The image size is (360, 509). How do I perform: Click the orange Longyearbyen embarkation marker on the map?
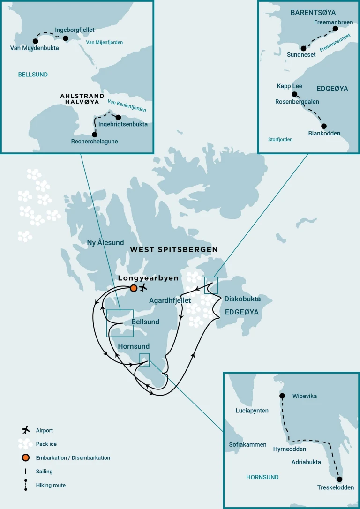pyautogui.click(x=134, y=288)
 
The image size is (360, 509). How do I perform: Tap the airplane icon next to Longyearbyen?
pyautogui.click(x=143, y=287)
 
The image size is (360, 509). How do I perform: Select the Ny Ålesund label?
pyautogui.click(x=105, y=243)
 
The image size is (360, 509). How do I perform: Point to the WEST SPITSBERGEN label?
pyautogui.click(x=174, y=250)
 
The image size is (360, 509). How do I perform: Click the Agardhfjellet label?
pyautogui.click(x=170, y=300)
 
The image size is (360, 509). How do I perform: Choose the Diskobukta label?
pyautogui.click(x=242, y=299)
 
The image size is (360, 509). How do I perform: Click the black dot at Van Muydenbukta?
pyautogui.click(x=35, y=41)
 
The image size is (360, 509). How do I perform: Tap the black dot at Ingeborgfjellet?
pyautogui.click(x=65, y=38)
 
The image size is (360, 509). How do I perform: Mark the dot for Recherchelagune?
pyautogui.click(x=95, y=135)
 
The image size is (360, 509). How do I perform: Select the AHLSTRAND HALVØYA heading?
pyautogui.click(x=82, y=99)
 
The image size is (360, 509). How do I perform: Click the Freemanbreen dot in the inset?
pyautogui.click(x=335, y=29)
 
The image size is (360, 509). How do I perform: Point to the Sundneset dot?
pyautogui.click(x=304, y=48)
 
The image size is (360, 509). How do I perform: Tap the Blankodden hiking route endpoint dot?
pyautogui.click(x=323, y=126)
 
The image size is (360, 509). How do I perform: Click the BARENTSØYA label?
pyautogui.click(x=313, y=13)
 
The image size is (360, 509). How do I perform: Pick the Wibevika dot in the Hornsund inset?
pyautogui.click(x=282, y=396)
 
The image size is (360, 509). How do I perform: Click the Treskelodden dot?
pyautogui.click(x=339, y=479)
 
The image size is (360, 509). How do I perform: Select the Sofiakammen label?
pyautogui.click(x=248, y=444)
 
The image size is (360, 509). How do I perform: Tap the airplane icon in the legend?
pyautogui.click(x=25, y=430)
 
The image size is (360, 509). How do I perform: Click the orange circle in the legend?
pyautogui.click(x=25, y=457)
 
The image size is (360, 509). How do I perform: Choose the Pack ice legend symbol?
pyautogui.click(x=25, y=443)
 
